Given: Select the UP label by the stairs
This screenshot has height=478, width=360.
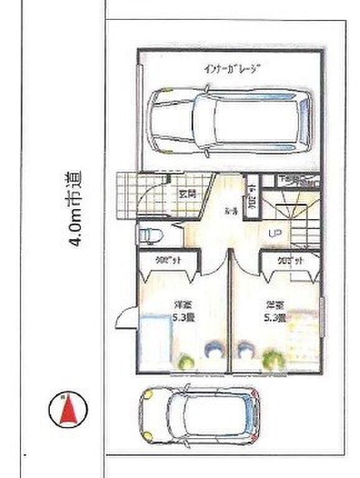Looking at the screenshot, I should coord(274,234).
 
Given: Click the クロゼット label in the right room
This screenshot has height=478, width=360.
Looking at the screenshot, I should coord(290,261).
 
